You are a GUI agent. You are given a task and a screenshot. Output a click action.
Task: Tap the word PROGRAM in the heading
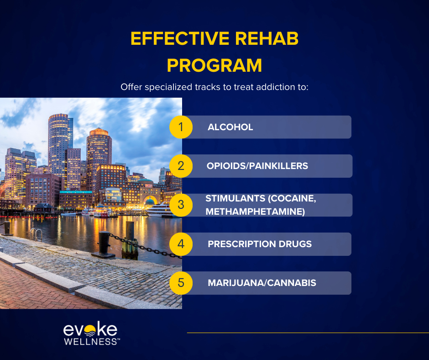(x=214, y=66)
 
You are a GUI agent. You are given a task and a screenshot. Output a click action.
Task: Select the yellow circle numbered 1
(x=181, y=127)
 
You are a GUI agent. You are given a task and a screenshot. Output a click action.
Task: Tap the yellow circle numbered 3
(x=181, y=205)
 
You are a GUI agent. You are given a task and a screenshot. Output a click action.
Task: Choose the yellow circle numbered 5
(x=181, y=283)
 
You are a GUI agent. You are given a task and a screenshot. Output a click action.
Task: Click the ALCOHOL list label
(x=230, y=127)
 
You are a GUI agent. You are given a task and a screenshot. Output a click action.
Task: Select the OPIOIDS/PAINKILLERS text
(x=257, y=166)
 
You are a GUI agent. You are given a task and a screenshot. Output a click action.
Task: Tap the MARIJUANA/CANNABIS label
(x=262, y=283)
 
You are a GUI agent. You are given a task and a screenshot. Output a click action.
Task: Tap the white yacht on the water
(x=160, y=210)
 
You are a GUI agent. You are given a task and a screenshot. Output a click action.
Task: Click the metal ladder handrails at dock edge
(x=36, y=234)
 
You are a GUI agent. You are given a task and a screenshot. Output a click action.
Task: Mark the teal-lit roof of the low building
(x=75, y=192)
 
